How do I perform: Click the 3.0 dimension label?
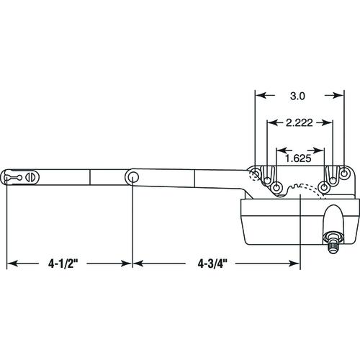tap(297, 96)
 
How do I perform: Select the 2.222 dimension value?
tap(300, 123)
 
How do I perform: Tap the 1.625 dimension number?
tap(298, 158)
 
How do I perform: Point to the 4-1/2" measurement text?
tap(63, 264)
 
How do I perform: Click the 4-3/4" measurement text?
tap(212, 264)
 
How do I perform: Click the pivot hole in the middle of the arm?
tap(132, 177)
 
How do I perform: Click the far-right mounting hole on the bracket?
tap(344, 173)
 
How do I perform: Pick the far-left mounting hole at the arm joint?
tap(255, 174)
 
